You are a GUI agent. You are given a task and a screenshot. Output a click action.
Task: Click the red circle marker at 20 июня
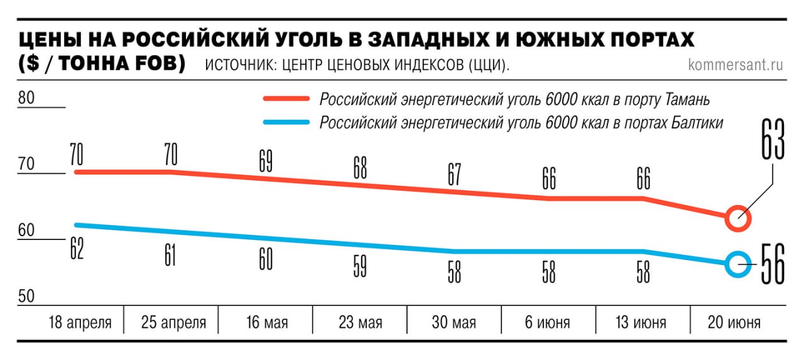(738, 219)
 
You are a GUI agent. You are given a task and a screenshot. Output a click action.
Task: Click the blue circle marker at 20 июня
(738, 265)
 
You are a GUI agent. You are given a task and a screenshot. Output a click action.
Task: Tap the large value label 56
(772, 265)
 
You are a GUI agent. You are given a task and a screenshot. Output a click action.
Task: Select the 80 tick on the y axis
(26, 99)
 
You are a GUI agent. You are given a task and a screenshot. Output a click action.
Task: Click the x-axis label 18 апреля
(80, 323)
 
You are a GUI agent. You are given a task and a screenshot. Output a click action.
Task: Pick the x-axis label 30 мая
(454, 323)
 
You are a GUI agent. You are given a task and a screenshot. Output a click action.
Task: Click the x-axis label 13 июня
(641, 323)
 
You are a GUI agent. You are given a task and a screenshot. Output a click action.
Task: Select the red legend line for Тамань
(286, 99)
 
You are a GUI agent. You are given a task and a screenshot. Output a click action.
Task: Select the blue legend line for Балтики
(286, 122)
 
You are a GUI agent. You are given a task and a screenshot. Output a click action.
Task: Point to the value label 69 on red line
(265, 161)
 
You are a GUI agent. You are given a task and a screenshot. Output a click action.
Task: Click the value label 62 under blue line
(77, 249)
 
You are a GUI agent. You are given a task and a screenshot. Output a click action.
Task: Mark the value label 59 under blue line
(359, 268)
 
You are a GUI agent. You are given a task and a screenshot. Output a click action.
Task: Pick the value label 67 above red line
(454, 175)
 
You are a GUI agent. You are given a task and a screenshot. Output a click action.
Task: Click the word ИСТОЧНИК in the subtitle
(242, 65)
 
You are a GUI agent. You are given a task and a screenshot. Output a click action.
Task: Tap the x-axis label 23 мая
(360, 323)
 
